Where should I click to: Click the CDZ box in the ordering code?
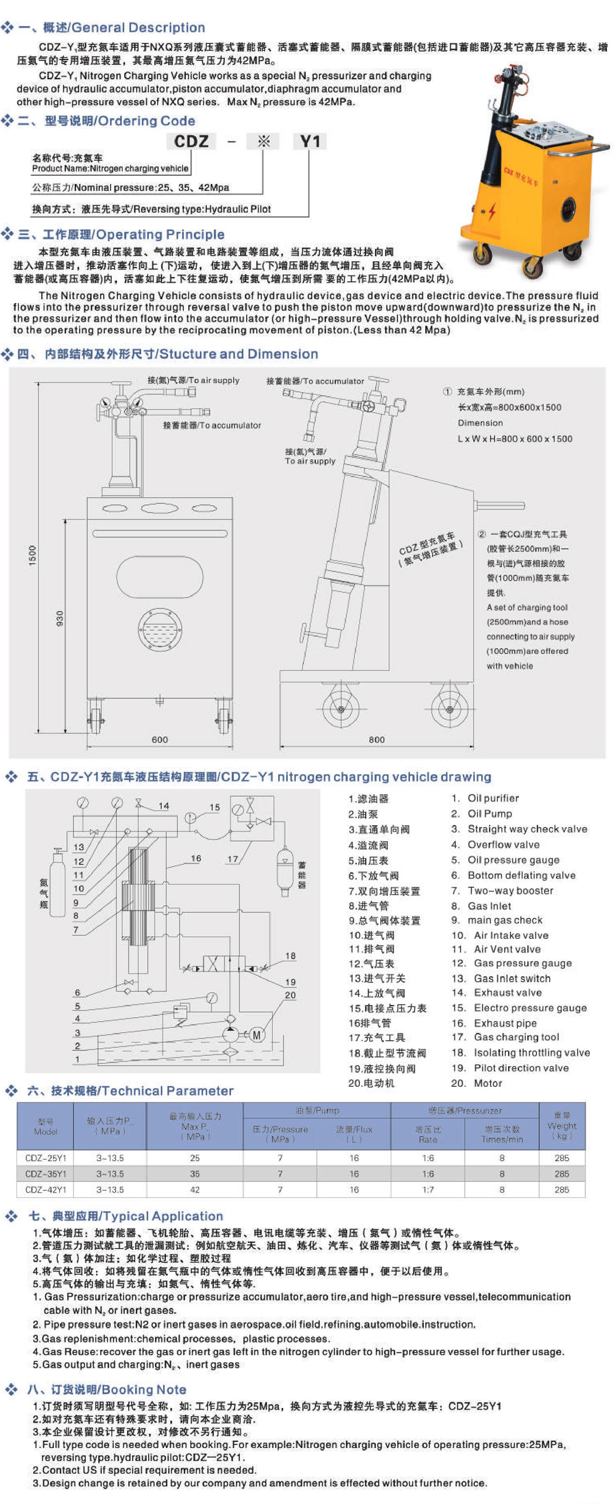coord(191,141)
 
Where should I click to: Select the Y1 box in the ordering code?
coord(310,141)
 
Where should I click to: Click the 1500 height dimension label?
coord(33,555)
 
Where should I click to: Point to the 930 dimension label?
coord(60,618)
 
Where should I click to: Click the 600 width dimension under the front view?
coord(160,739)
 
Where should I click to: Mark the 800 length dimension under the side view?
coord(377,739)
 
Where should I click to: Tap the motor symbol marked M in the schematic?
coord(256,1035)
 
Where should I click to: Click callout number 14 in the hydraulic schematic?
coord(164,806)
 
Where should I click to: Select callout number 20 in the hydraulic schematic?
coord(290,995)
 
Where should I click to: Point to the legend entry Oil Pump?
coord(490,814)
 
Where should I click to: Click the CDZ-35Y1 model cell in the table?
coord(46,1173)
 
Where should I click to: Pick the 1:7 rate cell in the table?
coord(428,1189)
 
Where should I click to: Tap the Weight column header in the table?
coord(561,1125)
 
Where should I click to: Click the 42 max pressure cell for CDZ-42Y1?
coord(195,1189)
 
